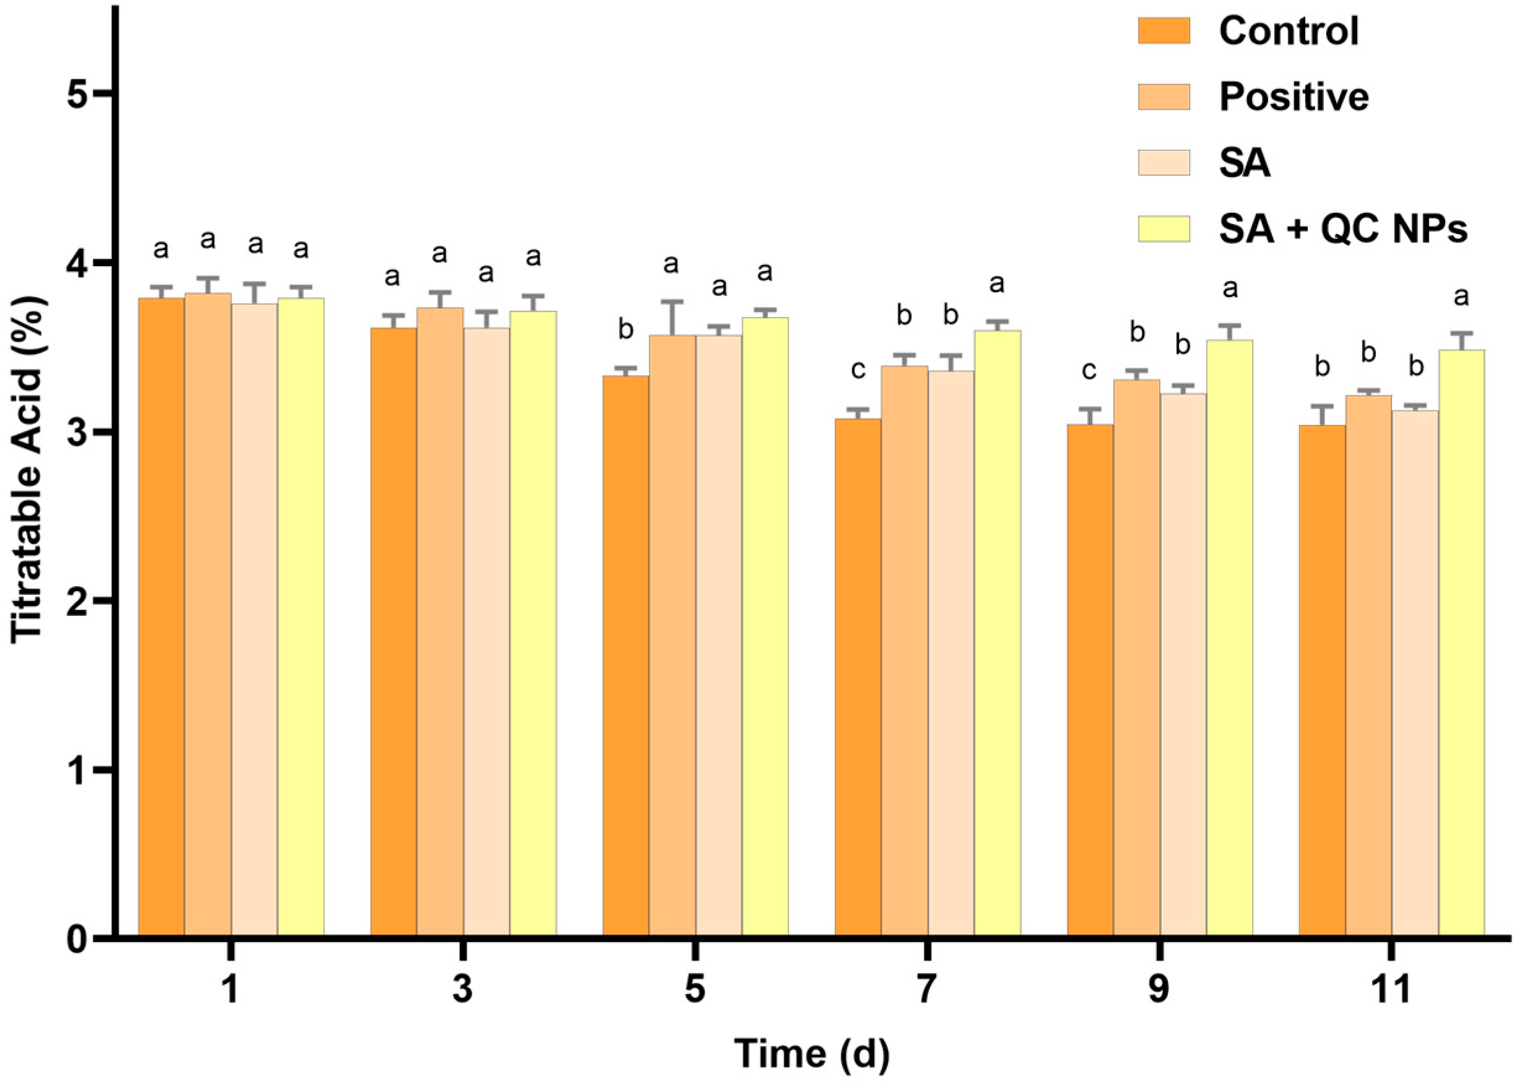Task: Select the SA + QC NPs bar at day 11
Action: tap(1462, 643)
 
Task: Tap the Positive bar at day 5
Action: tap(671, 636)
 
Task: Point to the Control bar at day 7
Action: tap(858, 676)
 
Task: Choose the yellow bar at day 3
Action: tap(533, 623)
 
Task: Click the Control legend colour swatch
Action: tap(1164, 31)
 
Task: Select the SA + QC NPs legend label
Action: tap(1343, 229)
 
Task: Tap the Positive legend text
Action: tap(1294, 97)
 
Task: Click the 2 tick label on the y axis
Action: tap(79, 600)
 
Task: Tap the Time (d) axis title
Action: tap(812, 1054)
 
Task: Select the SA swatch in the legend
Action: tap(1164, 163)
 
